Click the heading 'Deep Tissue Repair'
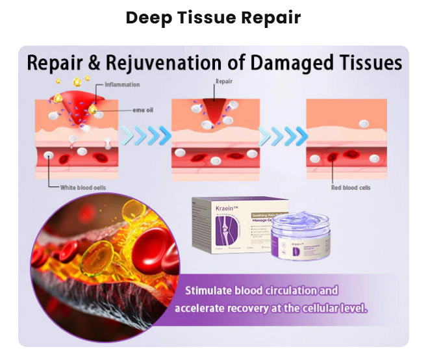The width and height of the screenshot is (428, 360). coord(213,18)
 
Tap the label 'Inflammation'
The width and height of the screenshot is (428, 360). coord(122,85)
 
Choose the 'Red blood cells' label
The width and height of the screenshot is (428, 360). coord(351,187)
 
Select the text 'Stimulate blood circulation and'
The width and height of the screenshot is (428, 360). coord(260,290)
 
